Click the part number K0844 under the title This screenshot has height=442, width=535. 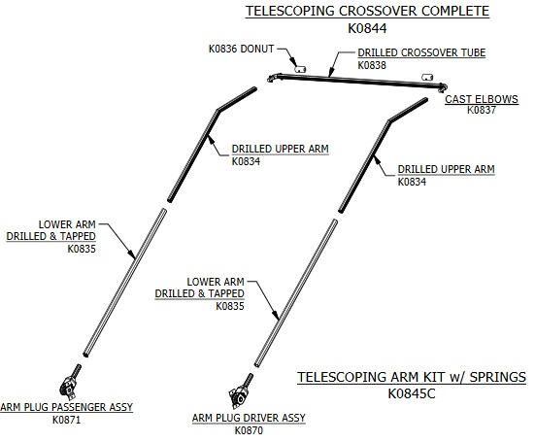367,28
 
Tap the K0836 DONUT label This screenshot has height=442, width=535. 241,49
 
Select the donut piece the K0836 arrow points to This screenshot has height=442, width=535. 300,69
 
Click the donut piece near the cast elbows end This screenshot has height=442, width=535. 427,77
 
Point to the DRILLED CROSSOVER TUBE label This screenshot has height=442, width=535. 421,52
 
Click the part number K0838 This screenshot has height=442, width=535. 372,65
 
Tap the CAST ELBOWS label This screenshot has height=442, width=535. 482,99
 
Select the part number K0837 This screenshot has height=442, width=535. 481,110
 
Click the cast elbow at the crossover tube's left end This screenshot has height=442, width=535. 272,78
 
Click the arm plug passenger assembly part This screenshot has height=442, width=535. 70,384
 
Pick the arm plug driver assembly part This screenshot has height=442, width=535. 241,391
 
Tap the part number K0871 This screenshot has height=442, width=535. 67,420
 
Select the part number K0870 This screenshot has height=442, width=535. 249,430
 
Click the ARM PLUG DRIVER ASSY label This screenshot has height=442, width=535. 249,418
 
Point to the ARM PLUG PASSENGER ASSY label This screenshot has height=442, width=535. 67,407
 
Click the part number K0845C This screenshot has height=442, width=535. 412,393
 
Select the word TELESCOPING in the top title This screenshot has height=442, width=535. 290,11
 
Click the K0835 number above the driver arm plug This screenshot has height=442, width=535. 230,306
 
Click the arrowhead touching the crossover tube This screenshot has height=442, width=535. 329,73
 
